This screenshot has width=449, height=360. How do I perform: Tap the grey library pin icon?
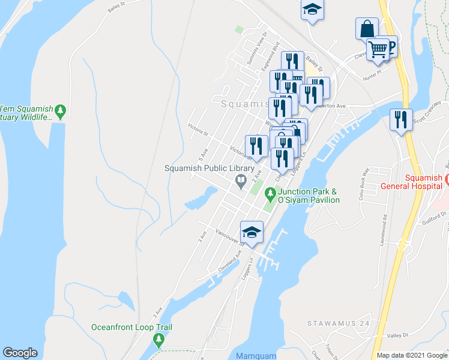coord(241,180)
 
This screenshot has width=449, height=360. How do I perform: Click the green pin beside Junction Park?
coord(270,194)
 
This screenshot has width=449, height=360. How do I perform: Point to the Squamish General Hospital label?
coord(415,181)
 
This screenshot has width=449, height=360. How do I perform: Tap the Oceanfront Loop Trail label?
coord(131,327)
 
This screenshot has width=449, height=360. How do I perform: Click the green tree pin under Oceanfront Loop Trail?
coord(158,340)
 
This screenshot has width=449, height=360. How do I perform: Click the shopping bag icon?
coord(366,28)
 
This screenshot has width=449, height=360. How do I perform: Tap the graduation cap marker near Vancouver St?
coord(252,232)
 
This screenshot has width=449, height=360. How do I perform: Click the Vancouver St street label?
coord(229,238)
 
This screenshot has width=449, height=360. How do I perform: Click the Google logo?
coord(20,353)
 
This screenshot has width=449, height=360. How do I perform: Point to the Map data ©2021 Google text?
coord(412,355)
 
